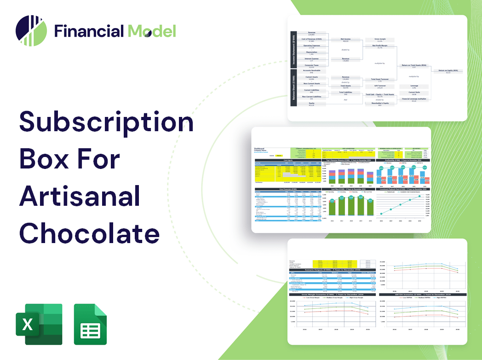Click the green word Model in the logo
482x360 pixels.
pyautogui.click(x=152, y=31)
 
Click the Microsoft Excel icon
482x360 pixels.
pyautogui.click(x=39, y=324)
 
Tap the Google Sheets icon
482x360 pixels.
pyautogui.click(x=90, y=324)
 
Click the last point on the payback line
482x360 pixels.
pyautogui.click(x=419, y=197)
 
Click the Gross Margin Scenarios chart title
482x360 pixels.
pyautogui.click(x=329, y=294)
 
